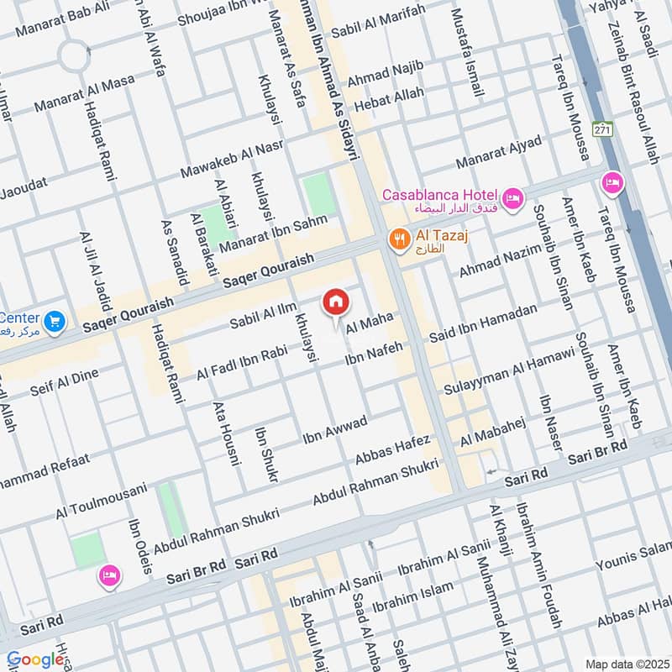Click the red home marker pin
pos(336,301)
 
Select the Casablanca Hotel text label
pos(440,195)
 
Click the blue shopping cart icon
pos(55,321)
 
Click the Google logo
pos(35,660)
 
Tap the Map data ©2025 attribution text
pos(626,664)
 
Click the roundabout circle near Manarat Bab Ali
pos(76,56)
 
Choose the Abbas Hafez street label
pos(392,449)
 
